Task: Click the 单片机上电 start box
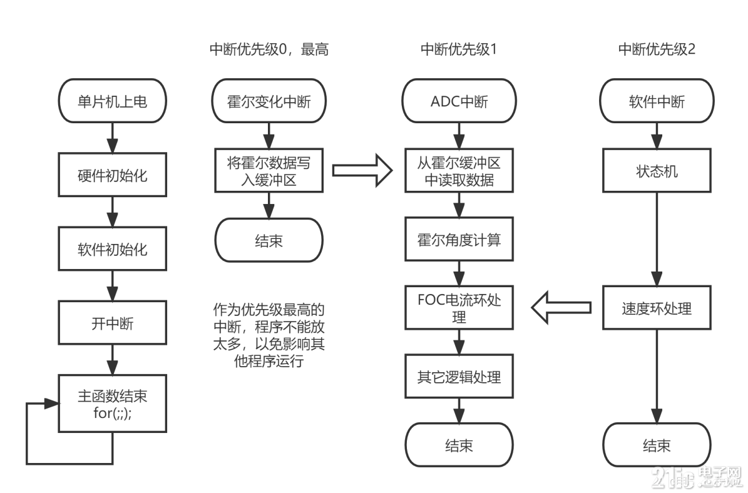pos(113,101)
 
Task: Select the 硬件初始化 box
pos(113,175)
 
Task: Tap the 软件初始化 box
pos(113,249)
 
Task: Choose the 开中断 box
pos(113,323)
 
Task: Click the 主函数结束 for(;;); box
pos(113,404)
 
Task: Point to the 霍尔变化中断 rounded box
pos(269,101)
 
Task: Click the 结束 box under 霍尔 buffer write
pos(269,241)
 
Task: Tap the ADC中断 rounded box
pos(459,101)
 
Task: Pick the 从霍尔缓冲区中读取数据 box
pos(459,171)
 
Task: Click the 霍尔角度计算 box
pos(459,239)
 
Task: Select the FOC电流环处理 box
pos(459,308)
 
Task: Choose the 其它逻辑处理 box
pos(459,377)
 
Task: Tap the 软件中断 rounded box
pos(657,101)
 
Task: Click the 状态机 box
pos(657,171)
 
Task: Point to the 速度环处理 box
pos(657,308)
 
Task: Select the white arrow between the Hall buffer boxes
pos(362,170)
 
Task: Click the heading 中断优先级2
pos(657,50)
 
